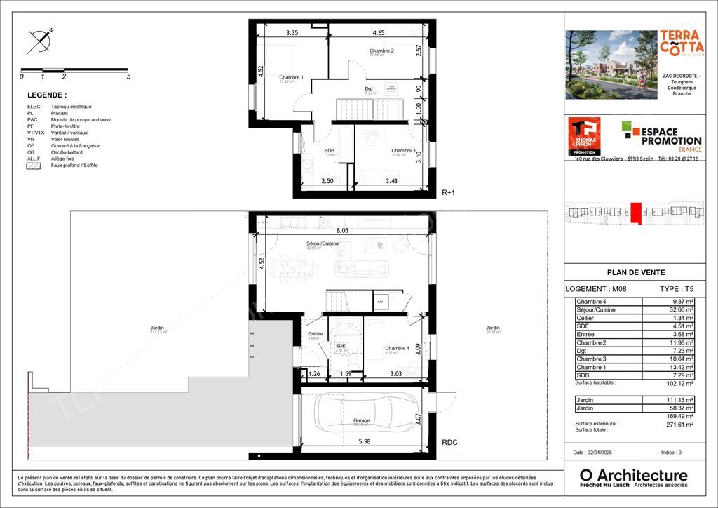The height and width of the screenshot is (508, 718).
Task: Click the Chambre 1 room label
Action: pyautogui.click(x=291, y=78)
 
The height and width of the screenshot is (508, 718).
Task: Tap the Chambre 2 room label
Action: pyautogui.click(x=381, y=51)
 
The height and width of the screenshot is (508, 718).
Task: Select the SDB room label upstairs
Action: pyautogui.click(x=329, y=151)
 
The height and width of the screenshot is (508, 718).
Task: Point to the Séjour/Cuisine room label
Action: pyautogui.click(x=323, y=243)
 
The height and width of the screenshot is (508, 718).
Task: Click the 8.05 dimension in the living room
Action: pyautogui.click(x=342, y=229)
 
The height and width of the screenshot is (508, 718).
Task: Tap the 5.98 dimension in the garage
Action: pyautogui.click(x=364, y=441)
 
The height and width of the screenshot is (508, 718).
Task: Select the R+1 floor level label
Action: pyautogui.click(x=449, y=192)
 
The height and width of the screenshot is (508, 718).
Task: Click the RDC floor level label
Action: pyautogui.click(x=450, y=443)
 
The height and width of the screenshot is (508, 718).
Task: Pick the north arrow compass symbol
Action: pyautogui.click(x=40, y=42)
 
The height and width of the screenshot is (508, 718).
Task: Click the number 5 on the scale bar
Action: pyautogui.click(x=128, y=76)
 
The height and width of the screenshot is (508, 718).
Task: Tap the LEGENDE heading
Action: pyautogui.click(x=47, y=95)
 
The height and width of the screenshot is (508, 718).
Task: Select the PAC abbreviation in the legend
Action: pyautogui.click(x=32, y=119)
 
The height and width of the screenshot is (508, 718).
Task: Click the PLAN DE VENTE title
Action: pyautogui.click(x=635, y=273)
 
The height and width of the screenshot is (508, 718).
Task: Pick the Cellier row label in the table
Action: pyautogui.click(x=585, y=318)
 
